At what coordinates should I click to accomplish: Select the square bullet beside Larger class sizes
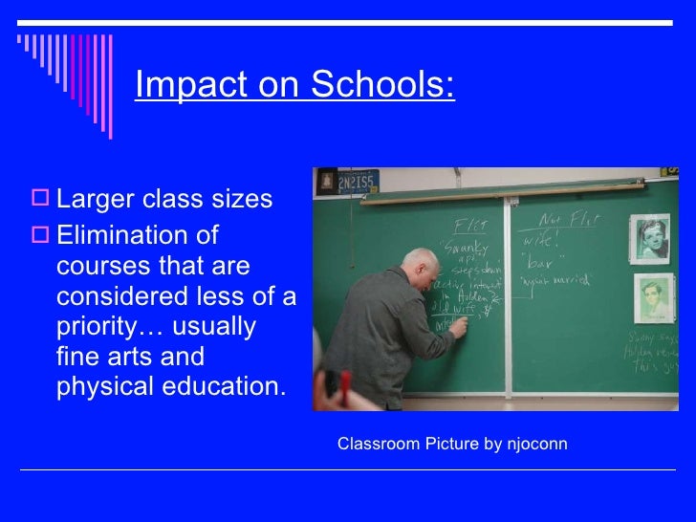tap(42, 199)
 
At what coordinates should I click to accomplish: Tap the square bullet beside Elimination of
tap(42, 234)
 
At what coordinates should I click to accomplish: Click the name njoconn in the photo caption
tap(537, 445)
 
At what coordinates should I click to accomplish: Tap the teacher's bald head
tap(418, 263)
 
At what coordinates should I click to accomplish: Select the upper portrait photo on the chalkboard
tap(649, 238)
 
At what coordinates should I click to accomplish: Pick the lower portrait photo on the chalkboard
tap(654, 298)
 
